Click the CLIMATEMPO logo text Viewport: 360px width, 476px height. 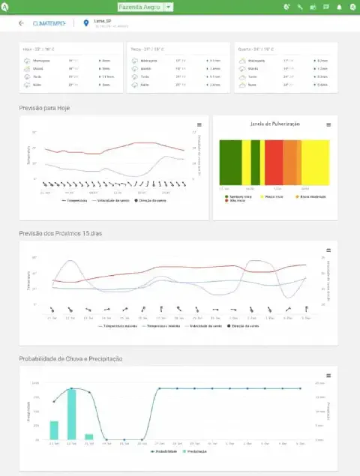49,23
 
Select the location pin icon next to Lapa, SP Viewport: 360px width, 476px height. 87,23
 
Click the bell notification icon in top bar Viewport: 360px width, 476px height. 339,7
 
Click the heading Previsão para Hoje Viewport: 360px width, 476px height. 44,108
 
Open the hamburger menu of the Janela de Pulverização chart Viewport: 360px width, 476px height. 328,124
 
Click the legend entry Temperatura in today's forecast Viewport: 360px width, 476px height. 77,201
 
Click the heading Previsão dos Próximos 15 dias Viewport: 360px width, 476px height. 60,233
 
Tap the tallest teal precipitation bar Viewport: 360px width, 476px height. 71,414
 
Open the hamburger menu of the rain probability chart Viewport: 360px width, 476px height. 328,374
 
